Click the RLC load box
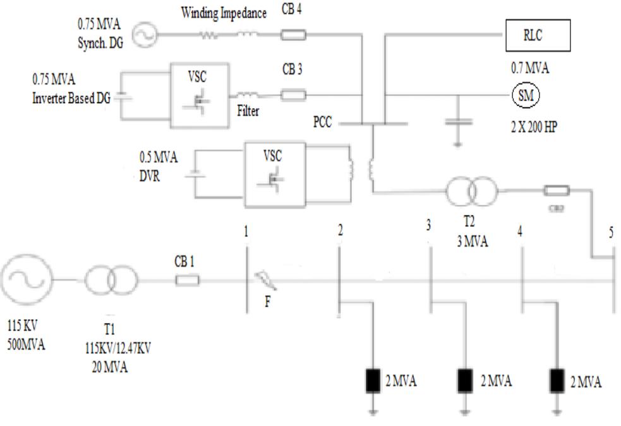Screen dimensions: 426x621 pos(537,36)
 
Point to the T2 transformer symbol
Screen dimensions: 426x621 pos(470,190)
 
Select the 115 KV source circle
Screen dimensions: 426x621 pos(28,279)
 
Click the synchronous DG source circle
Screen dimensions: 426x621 pos(144,35)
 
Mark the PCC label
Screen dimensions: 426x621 pos(321,122)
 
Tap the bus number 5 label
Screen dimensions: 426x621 pos(611,231)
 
